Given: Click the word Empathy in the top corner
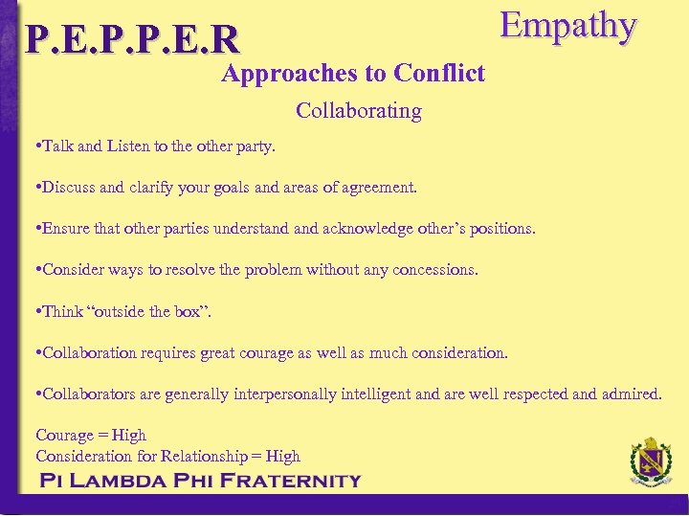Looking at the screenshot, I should pyautogui.click(x=568, y=26).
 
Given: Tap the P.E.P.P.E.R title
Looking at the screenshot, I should pyautogui.click(x=133, y=39).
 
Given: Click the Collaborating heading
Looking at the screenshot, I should pyautogui.click(x=359, y=111).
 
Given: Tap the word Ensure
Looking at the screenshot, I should pyautogui.click(x=63, y=229).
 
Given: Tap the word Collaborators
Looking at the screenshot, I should pyautogui.click(x=92, y=393).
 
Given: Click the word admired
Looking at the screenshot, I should pyautogui.click(x=629, y=393).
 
